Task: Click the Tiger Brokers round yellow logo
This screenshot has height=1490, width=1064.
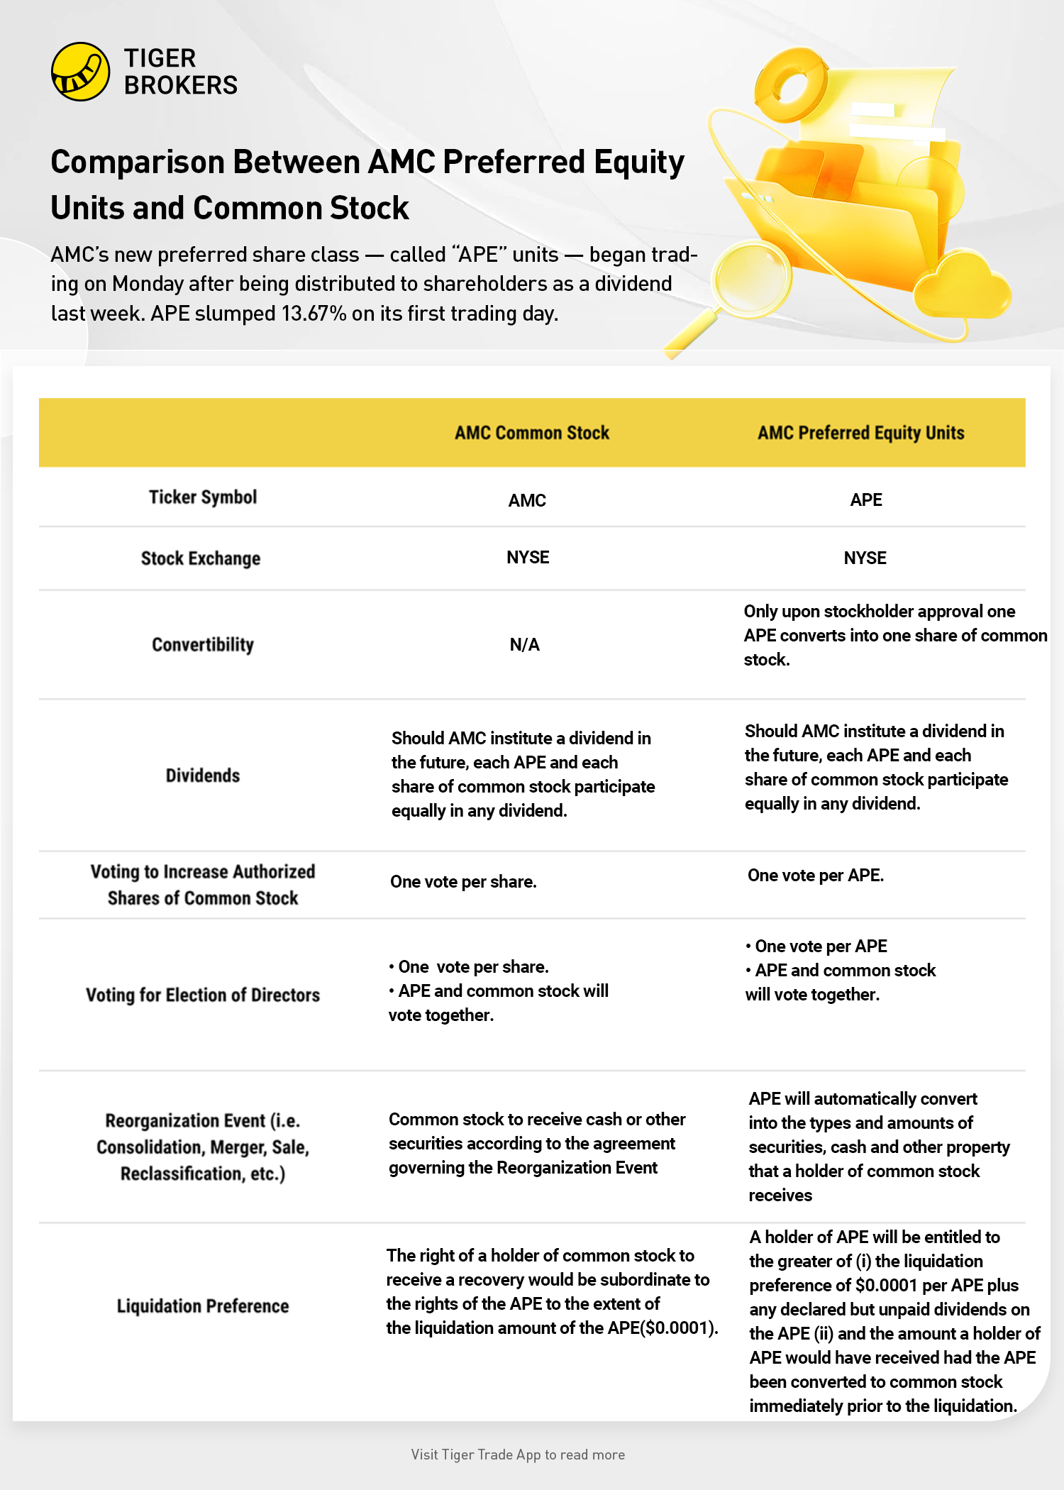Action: pos(80,72)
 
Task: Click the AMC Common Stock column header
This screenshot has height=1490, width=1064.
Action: pos(532,433)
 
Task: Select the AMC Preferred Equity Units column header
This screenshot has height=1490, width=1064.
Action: pos(860,433)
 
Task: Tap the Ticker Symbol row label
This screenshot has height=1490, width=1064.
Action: pos(203,497)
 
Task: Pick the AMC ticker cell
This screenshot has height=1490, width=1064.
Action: pos(527,500)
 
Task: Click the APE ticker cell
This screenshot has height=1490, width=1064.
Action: pos(866,500)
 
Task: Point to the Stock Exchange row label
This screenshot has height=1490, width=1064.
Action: pos(201,558)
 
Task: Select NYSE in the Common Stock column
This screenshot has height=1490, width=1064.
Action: pos(528,558)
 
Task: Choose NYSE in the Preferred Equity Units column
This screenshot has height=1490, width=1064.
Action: pos(865,558)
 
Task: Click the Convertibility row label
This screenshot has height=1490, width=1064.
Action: pos(203,645)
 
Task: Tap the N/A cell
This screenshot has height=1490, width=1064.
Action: pos(525,645)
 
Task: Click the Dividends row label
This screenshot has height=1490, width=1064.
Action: pos(203,776)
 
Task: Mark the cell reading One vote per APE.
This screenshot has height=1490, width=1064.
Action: pos(816,876)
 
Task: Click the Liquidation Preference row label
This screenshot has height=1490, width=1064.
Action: pos(203,1306)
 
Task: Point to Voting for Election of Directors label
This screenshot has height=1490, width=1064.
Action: pos(203,995)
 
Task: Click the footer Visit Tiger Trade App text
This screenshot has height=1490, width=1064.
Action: pos(518,1455)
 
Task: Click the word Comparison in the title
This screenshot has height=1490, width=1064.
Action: pos(135,162)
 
